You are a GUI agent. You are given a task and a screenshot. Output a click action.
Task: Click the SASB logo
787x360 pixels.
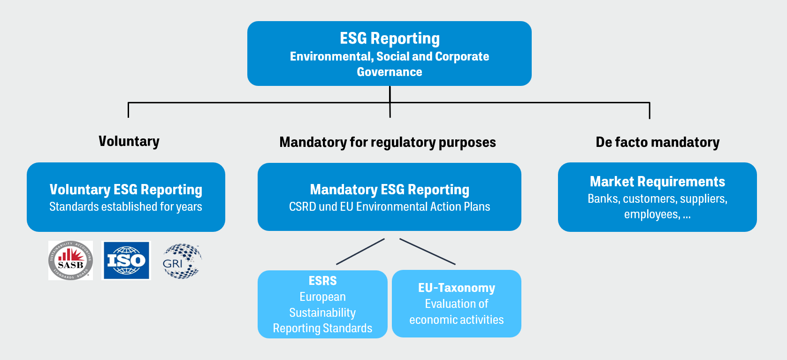click(x=70, y=260)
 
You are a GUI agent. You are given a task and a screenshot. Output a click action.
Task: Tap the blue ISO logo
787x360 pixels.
click(x=126, y=260)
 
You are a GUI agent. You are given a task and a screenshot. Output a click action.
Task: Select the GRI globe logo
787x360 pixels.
click(x=182, y=261)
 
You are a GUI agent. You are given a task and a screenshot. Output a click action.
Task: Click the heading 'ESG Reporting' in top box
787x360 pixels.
click(x=390, y=38)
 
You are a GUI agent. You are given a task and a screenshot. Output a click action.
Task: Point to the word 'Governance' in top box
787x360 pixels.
click(x=390, y=72)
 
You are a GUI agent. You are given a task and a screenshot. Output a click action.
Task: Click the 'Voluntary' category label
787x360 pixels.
click(x=129, y=141)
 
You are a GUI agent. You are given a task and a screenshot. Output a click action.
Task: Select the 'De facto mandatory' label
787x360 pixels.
click(x=657, y=142)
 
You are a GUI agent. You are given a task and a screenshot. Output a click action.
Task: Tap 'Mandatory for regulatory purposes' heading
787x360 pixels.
click(x=388, y=142)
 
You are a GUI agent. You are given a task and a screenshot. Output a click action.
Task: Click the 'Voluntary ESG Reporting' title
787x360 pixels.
click(x=126, y=190)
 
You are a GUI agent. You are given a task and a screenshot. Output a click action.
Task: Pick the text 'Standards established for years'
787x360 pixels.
click(x=126, y=207)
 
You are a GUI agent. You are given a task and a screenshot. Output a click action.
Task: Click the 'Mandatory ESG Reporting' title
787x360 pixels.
click(x=390, y=190)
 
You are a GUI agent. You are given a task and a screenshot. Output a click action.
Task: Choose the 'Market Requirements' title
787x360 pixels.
click(x=657, y=182)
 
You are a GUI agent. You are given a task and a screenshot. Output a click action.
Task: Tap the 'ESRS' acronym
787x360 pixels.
click(x=322, y=281)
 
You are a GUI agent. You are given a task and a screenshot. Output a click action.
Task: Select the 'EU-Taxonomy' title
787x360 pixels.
click(x=457, y=288)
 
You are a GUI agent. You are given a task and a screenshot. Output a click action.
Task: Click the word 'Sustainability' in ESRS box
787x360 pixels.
click(x=322, y=313)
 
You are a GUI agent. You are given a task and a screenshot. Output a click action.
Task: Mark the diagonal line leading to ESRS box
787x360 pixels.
click(x=360, y=252)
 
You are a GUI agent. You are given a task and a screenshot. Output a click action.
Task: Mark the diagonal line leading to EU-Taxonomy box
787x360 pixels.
click(x=428, y=252)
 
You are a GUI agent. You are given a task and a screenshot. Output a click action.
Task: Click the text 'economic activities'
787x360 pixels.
click(x=457, y=320)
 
